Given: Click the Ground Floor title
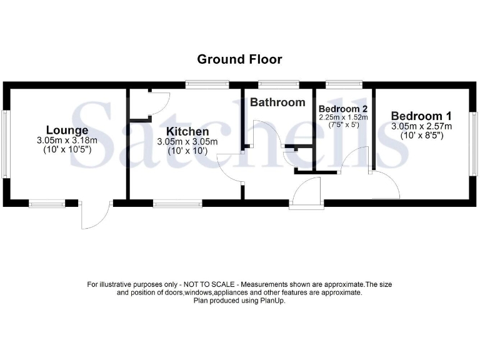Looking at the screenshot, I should pos(239,59).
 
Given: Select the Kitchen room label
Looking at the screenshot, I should pos(187,132).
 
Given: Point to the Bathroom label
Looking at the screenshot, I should pos(278,102).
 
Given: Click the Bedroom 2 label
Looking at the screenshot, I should pos(343,107).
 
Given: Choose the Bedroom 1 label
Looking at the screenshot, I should pos(421,116).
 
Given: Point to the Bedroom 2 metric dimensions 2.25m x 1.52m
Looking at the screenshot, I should pos(343,117).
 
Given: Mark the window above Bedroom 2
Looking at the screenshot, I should pos(344,84).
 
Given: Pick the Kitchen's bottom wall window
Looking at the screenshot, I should pos(177,202).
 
